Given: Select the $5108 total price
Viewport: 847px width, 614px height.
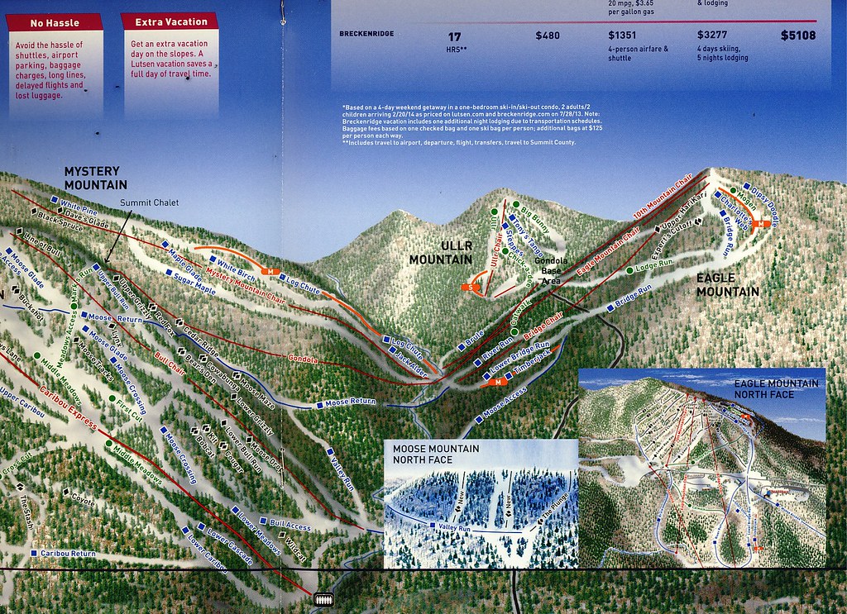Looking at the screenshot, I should click(798, 36).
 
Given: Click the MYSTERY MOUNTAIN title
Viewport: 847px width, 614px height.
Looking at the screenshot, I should click(96, 178).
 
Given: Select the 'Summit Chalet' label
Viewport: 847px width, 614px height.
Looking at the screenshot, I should click(149, 203).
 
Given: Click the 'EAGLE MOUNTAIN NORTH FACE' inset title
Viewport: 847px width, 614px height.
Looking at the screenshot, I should click(775, 389).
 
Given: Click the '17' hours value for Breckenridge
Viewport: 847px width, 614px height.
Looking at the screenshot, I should click(454, 36).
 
